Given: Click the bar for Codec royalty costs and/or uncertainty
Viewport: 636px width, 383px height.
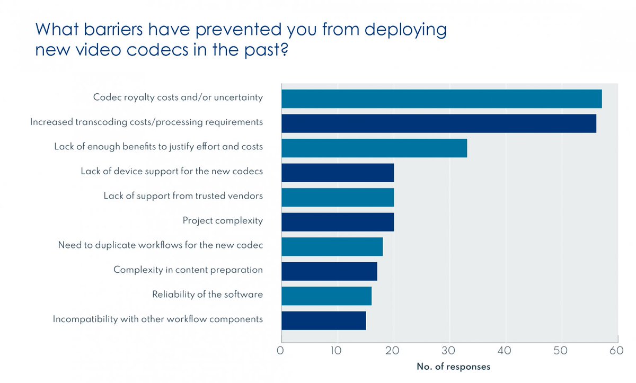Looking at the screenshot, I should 441,99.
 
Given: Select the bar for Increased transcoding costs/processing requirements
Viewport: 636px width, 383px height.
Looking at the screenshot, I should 438,123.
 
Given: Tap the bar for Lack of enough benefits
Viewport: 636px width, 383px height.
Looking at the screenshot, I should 374,148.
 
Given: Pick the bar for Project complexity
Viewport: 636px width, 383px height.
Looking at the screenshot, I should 338,222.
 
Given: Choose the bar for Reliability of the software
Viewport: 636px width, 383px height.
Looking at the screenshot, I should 326,296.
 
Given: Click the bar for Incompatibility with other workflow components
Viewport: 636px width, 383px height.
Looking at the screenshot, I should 323,320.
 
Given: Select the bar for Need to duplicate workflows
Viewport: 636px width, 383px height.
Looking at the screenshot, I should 332,247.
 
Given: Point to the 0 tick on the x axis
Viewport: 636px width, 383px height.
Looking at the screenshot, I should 281,350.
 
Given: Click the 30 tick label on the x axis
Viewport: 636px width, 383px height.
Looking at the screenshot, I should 449,350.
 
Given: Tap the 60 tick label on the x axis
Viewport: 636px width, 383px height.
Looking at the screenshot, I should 616,350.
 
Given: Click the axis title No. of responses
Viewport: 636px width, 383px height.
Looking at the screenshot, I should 453,367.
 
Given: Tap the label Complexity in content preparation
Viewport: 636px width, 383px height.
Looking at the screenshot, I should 188,270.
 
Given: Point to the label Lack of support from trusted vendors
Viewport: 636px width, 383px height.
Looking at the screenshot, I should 183,196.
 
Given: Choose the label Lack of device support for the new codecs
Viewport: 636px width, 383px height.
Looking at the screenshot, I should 172,172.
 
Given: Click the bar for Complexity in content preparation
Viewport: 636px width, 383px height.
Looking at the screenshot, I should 329,271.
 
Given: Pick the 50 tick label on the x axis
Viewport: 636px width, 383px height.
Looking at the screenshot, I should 561,350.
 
